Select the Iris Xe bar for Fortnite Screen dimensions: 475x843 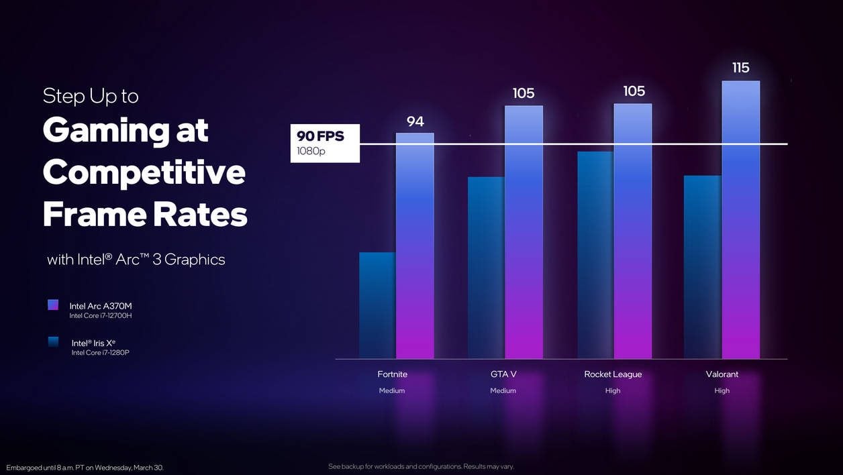(377, 305)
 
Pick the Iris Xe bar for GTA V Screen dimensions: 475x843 (486, 268)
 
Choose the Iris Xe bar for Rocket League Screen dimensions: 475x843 (595, 255)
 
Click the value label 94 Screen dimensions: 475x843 (415, 121)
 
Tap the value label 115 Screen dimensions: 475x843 (741, 68)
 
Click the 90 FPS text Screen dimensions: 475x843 (320, 136)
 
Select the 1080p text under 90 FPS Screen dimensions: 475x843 (311, 151)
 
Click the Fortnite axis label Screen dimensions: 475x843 (392, 374)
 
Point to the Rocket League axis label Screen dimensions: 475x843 (613, 374)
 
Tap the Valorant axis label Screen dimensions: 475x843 (722, 374)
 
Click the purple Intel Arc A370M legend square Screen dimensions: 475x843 (53, 305)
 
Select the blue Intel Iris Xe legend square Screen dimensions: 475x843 (53, 342)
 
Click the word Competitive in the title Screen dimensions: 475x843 (144, 172)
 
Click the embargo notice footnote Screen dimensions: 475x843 (85, 467)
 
